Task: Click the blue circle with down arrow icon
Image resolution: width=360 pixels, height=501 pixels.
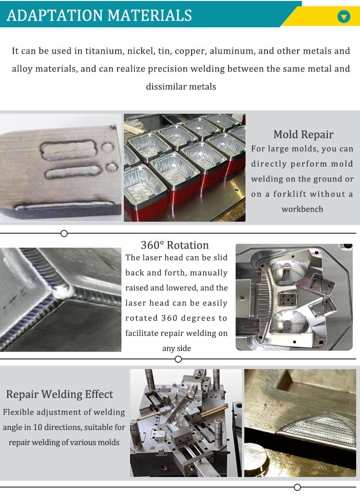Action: click(x=344, y=17)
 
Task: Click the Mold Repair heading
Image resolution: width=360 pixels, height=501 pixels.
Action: click(x=303, y=134)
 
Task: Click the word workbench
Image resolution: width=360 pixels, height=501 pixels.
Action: click(x=302, y=209)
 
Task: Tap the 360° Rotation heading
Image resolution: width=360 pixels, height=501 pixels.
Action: click(x=175, y=245)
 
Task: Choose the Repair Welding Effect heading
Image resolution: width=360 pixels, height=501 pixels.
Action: click(x=60, y=394)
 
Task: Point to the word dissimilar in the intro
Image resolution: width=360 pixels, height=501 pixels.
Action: click(x=166, y=87)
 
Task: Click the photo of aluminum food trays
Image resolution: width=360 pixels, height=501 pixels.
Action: click(x=184, y=167)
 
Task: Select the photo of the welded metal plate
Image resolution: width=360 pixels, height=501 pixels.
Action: click(x=60, y=167)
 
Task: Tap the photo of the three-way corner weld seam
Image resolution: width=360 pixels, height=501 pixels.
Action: click(x=60, y=299)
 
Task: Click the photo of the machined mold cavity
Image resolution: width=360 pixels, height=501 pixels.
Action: click(x=294, y=297)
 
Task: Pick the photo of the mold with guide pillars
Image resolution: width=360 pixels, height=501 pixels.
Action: click(x=186, y=423)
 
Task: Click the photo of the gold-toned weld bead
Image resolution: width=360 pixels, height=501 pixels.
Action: click(x=300, y=423)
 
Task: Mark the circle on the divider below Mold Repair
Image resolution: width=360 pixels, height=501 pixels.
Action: click(x=64, y=234)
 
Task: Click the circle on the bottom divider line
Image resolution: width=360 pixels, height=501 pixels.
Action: click(x=297, y=488)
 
